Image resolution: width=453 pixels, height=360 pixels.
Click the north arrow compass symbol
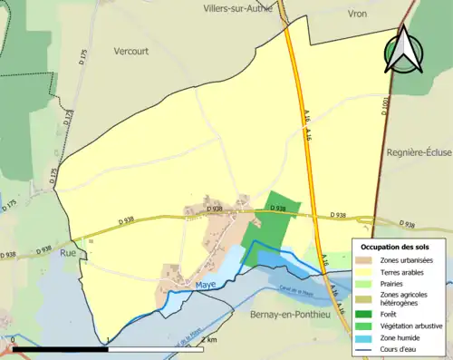[403, 51]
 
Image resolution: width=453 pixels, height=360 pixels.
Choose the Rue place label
[68, 254]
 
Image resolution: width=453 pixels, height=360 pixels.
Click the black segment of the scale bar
[59, 349]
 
